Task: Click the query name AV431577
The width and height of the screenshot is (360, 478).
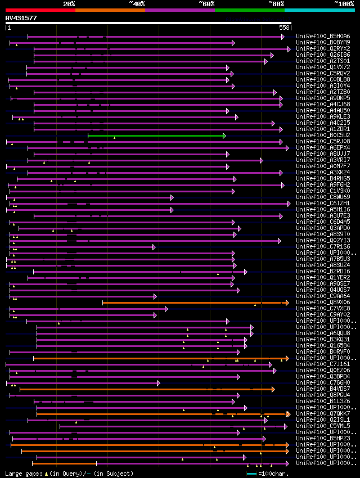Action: [21, 18]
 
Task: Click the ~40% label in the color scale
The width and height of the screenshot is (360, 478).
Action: [137, 3]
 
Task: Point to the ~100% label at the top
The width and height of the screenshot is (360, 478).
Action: [344, 3]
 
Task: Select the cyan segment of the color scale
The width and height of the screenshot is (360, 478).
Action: [319, 10]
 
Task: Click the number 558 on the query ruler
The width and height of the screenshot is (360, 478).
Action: [284, 28]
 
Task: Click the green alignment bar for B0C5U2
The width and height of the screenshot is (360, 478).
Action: [155, 136]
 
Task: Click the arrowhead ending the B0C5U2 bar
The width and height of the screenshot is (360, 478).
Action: [224, 136]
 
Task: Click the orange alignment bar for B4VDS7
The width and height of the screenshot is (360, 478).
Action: [146, 389]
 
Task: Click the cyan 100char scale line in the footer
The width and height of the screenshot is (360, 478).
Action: [251, 474]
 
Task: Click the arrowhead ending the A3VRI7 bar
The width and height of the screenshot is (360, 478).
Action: [262, 160]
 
